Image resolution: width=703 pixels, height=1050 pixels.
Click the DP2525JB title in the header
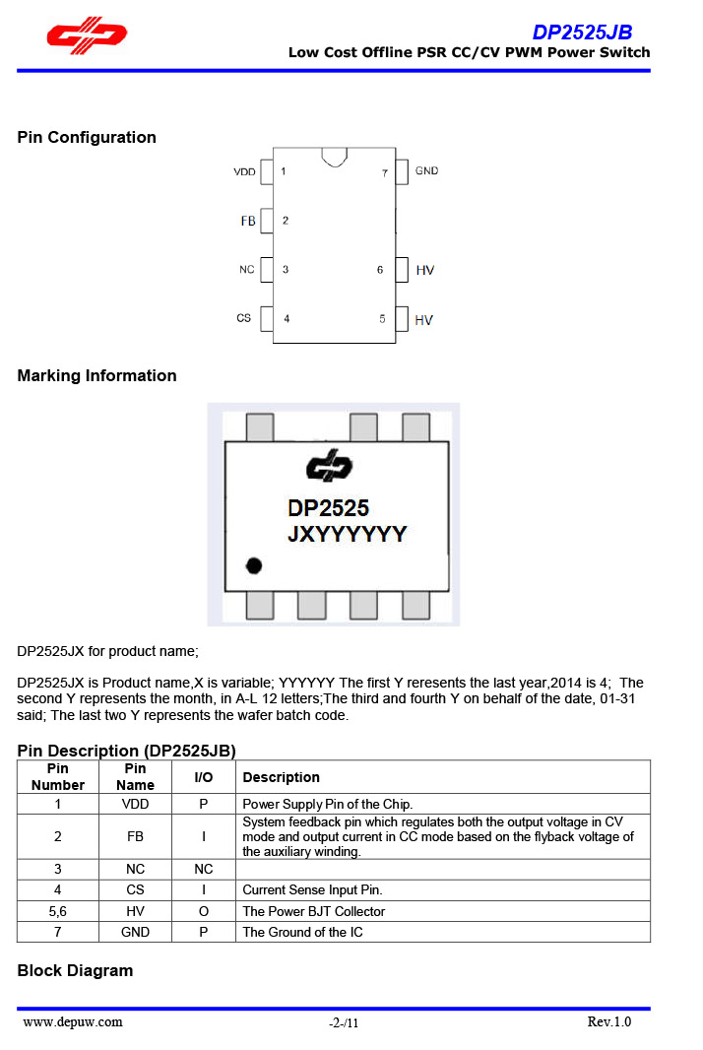click(582, 33)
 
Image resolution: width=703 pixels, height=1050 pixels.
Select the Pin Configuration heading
click(87, 137)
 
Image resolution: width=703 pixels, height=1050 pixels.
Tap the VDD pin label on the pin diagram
click(244, 172)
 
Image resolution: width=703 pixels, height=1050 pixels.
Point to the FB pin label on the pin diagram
click(248, 221)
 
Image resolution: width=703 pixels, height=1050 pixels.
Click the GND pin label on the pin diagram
click(426, 171)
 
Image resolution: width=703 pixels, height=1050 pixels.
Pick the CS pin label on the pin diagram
click(244, 318)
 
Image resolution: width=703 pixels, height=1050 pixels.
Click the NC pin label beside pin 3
click(246, 269)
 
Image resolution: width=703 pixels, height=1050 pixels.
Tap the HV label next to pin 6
click(424, 270)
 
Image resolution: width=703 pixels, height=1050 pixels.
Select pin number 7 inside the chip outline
click(385, 173)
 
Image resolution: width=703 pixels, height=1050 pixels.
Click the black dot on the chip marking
click(255, 565)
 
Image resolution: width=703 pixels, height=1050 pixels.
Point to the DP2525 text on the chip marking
click(328, 508)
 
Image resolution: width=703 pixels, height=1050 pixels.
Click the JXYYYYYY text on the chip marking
click(347, 534)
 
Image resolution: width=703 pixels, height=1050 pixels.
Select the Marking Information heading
click(96, 375)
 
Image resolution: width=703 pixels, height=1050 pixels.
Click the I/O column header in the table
click(203, 777)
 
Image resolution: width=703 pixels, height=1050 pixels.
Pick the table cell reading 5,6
click(57, 911)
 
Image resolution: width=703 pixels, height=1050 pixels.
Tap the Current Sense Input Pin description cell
click(312, 890)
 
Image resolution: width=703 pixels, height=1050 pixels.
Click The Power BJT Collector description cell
click(314, 911)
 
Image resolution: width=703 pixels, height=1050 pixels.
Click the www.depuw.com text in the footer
click(73, 1021)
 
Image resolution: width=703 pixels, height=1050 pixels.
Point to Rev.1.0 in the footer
click(608, 1021)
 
